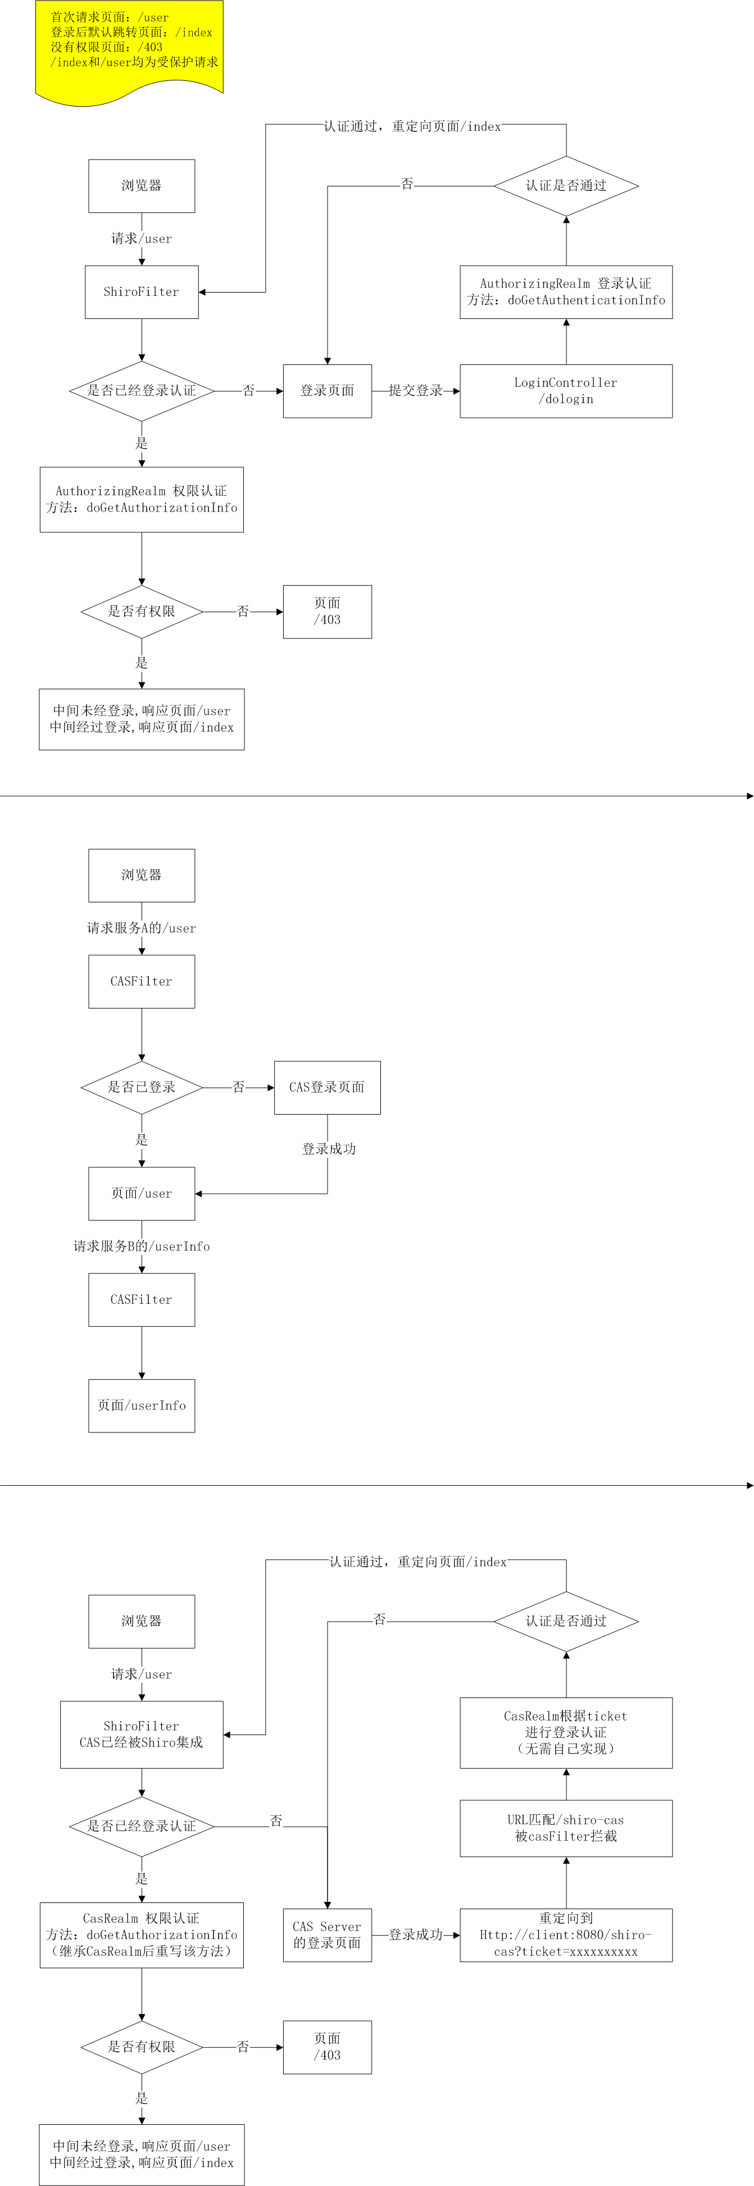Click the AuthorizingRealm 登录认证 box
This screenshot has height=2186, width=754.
[565, 292]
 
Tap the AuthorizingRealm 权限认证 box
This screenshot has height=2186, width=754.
[142, 500]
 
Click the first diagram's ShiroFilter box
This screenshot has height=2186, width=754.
[142, 292]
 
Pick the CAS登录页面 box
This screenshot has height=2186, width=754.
[327, 1087]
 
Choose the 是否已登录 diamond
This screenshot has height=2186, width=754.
[142, 1087]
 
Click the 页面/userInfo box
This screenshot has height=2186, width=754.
[142, 1405]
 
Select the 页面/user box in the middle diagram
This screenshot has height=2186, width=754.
[142, 1193]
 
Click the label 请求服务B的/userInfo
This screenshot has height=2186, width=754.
[142, 1247]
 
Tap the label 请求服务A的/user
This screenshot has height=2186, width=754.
[142, 928]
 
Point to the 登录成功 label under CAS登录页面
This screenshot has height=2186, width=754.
[329, 1149]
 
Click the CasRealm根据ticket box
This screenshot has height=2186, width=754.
[565, 1732]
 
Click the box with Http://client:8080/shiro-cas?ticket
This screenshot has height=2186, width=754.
[565, 1935]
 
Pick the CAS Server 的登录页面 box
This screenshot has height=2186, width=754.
[327, 1935]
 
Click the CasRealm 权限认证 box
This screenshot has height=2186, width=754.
[142, 1935]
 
